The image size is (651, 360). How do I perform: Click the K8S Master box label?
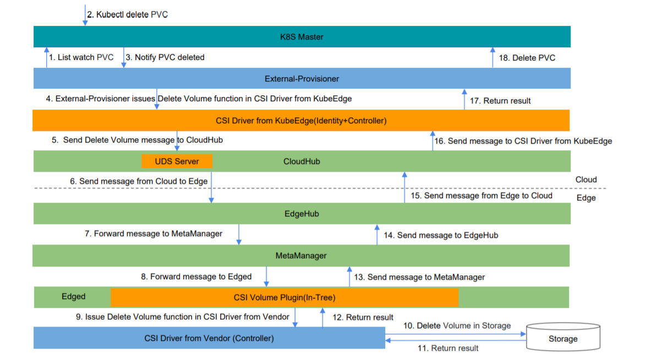pos(302,37)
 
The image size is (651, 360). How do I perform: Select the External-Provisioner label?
pos(302,79)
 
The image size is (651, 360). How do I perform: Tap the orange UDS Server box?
pos(177,161)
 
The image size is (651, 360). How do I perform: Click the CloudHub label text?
pos(302,161)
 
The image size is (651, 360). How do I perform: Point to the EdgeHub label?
pos(302,214)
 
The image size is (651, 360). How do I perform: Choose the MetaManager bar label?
pos(301,256)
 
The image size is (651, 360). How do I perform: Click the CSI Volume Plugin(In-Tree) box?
pos(285,297)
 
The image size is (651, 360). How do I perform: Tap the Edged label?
pos(74,297)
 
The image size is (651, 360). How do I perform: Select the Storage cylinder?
pos(563,337)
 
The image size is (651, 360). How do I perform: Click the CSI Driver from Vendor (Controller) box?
pos(209,338)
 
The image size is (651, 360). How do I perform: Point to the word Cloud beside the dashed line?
pos(586,180)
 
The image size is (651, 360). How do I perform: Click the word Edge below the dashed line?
pos(586,198)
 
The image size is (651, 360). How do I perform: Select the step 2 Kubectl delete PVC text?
pos(128,14)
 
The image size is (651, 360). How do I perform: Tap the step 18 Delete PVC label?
pos(527,58)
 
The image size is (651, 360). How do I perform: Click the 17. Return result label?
pos(500,101)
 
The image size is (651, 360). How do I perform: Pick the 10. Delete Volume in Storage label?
pos(457,326)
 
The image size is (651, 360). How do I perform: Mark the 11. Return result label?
pos(447,348)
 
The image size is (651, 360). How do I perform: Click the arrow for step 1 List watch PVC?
pos(46,57)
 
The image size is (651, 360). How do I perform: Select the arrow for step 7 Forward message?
pos(239,234)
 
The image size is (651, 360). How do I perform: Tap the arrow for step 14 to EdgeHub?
pos(377,234)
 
